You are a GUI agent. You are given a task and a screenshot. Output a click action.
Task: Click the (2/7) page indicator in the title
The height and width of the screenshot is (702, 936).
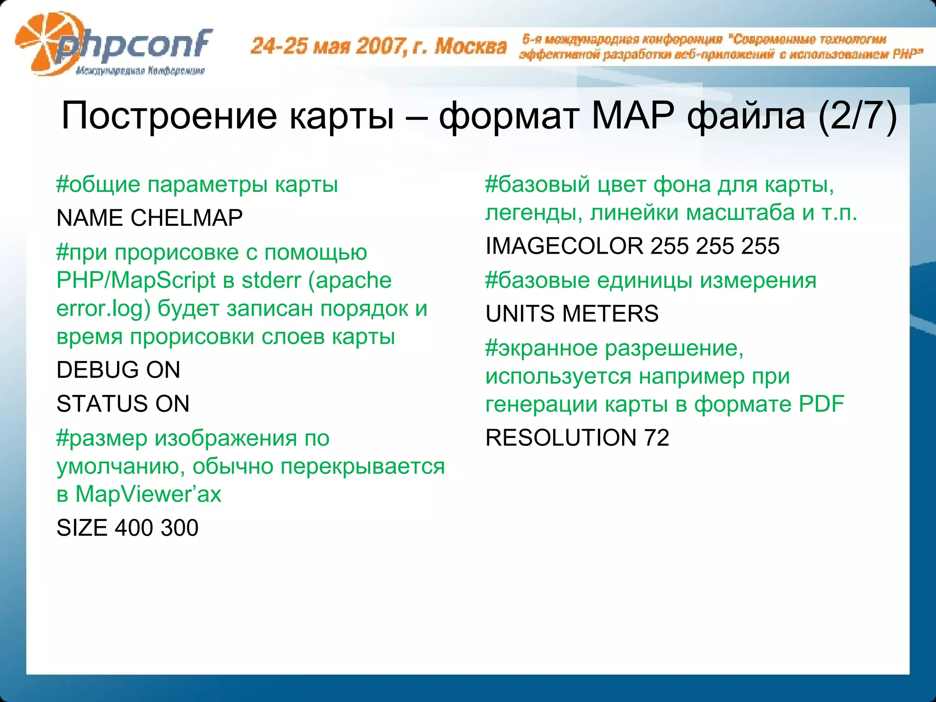pos(857,116)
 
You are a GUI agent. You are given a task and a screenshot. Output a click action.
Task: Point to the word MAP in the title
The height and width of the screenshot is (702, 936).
pos(633,116)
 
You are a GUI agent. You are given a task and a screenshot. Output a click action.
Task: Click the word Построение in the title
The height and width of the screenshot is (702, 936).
pos(169,116)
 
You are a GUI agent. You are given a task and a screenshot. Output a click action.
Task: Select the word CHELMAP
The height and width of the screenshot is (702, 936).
pos(186,218)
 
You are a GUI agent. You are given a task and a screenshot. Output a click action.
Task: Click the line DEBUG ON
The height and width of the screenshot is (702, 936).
pos(118,370)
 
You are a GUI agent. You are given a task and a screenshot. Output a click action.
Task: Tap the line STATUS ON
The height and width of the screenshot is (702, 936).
pos(122,404)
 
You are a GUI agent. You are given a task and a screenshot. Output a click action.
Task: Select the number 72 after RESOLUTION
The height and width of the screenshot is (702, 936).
pos(657,438)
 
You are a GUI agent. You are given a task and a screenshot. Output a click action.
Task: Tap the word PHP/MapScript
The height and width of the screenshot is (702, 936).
pos(136,281)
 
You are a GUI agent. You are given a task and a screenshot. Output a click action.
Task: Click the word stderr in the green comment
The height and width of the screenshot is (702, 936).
pos(271,281)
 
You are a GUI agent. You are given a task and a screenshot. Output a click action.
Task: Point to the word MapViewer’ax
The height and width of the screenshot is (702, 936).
pos(148,495)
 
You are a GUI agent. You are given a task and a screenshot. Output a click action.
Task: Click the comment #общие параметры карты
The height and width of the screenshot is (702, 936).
pos(197,185)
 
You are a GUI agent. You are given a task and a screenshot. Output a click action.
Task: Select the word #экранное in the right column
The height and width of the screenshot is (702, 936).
pos(542,348)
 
